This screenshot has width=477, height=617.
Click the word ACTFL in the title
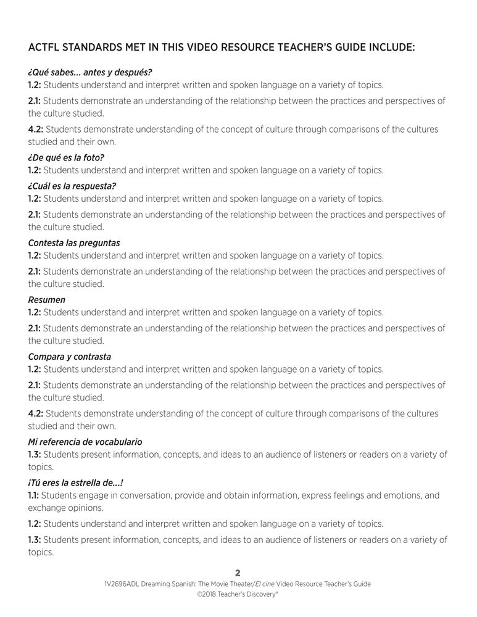[44, 47]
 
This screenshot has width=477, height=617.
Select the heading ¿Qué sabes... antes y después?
[89, 72]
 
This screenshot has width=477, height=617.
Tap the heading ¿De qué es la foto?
[66, 157]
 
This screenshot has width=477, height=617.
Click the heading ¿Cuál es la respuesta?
[72, 186]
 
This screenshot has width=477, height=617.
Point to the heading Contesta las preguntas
[74, 243]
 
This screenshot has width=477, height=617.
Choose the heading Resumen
[46, 300]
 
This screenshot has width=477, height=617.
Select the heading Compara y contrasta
[70, 357]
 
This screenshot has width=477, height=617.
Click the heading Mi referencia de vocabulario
[85, 442]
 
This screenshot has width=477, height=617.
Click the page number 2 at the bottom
[238, 573]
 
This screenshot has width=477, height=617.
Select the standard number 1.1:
[34, 495]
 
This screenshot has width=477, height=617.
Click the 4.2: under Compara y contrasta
[35, 413]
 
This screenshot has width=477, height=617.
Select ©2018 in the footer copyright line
[208, 595]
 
